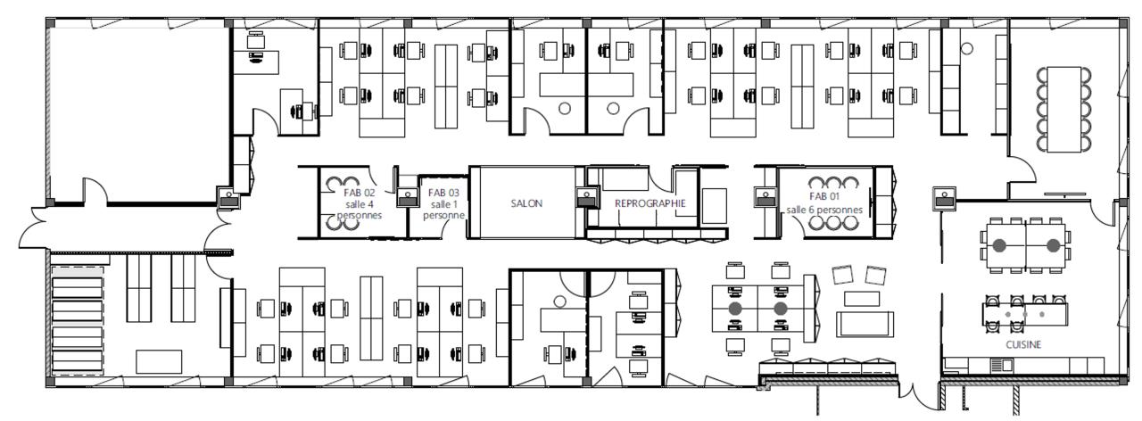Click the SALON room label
click(x=526, y=203)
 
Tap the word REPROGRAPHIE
click(x=650, y=203)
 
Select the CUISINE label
click(x=1023, y=344)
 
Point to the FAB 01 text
click(x=823, y=196)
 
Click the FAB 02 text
click(x=360, y=193)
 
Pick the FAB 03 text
click(x=443, y=193)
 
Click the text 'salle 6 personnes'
click(x=824, y=210)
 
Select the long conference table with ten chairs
click(x=1064, y=109)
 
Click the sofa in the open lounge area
click(x=865, y=324)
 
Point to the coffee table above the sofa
click(x=862, y=299)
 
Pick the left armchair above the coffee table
click(x=843, y=274)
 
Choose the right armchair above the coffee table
click(x=875, y=275)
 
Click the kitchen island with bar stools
click(x=1025, y=314)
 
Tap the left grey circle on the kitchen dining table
click(x=998, y=245)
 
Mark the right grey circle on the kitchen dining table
click(x=1053, y=245)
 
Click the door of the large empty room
click(x=95, y=190)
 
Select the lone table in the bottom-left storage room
click(x=159, y=361)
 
